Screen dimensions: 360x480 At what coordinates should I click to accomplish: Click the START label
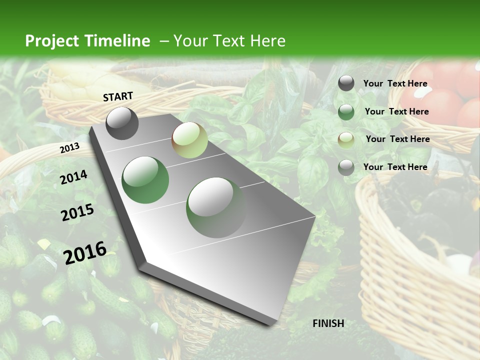[x=118, y=96]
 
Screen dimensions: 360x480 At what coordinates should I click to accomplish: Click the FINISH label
[x=328, y=323]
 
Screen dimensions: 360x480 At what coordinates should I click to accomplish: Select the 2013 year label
[x=69, y=148]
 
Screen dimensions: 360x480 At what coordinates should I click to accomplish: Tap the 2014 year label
[x=73, y=177]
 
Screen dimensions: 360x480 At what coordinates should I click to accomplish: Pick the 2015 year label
[x=77, y=212]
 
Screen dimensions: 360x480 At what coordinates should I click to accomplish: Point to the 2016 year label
[x=85, y=252]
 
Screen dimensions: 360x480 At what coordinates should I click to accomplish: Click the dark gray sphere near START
[x=122, y=123]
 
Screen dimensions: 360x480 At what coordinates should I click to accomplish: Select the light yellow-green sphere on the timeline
[x=189, y=140]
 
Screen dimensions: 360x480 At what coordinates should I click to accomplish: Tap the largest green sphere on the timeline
[x=216, y=207]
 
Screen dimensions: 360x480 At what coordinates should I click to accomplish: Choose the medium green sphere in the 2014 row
[x=145, y=179]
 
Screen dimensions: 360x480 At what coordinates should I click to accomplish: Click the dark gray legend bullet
[x=346, y=83]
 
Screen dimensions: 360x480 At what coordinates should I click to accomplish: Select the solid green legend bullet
[x=346, y=112]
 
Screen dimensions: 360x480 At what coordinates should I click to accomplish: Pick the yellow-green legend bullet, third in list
[x=346, y=139]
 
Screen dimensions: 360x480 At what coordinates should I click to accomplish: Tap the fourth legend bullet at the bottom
[x=346, y=167]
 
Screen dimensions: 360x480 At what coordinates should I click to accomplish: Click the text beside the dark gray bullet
[x=395, y=83]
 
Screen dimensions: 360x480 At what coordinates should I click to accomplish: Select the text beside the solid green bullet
[x=396, y=111]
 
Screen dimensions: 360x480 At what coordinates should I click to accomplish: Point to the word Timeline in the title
[x=118, y=41]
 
